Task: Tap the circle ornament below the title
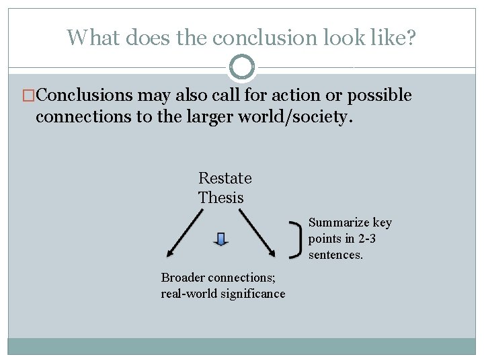[242, 67]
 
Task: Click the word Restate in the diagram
[225, 178]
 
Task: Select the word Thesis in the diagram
[220, 198]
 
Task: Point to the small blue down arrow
[221, 239]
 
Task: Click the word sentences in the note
[335, 255]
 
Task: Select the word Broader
[183, 278]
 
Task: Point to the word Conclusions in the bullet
[78, 95]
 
